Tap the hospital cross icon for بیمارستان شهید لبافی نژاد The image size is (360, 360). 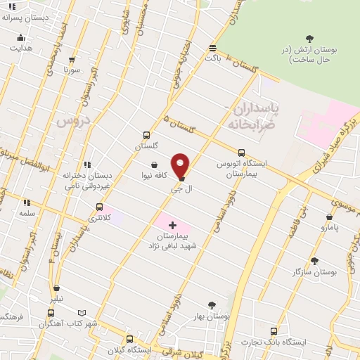172,226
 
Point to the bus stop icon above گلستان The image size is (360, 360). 146,135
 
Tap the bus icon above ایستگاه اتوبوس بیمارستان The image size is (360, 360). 241,152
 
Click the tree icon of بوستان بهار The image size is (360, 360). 212,305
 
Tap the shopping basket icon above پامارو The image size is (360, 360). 330,217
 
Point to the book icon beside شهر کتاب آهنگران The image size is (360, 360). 82,313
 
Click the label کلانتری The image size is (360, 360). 99,219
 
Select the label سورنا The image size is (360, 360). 72,70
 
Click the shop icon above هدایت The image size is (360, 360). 20,38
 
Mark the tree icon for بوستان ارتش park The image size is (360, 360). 310,38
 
